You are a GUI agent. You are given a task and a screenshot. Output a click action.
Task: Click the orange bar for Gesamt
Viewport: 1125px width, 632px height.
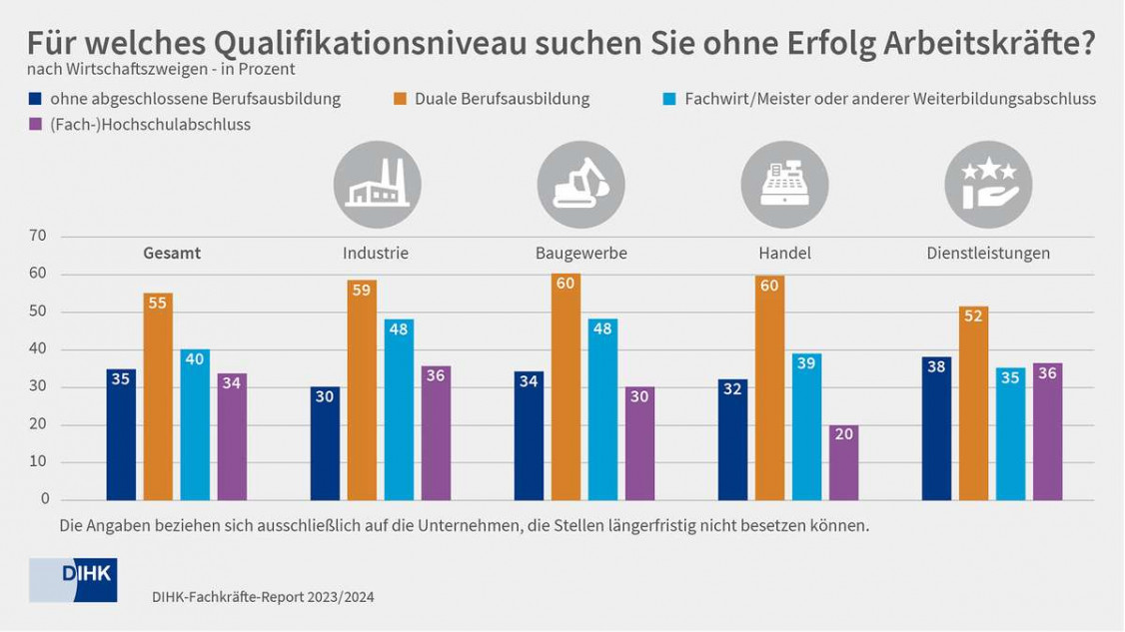158,396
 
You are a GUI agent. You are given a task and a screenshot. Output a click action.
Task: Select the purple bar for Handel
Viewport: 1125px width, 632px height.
843,462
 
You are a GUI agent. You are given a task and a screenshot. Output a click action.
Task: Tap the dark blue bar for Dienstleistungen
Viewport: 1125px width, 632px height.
936,428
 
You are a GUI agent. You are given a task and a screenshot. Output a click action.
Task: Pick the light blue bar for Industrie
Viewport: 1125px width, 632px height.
399,409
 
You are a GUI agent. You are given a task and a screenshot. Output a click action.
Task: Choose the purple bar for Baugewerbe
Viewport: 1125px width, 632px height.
639,443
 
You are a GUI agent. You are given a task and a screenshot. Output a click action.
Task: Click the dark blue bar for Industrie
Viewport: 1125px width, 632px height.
325,443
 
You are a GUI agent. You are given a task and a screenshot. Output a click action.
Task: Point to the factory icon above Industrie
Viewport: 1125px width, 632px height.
377,185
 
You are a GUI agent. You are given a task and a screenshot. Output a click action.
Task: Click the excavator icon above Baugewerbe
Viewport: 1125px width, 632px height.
580,185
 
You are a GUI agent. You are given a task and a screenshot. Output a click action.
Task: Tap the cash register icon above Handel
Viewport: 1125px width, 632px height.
784,185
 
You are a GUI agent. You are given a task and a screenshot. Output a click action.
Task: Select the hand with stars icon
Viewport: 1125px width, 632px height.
988,185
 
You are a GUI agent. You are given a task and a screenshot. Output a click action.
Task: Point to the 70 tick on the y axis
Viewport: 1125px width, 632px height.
40,237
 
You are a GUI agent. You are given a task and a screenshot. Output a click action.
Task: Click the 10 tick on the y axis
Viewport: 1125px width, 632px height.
40,462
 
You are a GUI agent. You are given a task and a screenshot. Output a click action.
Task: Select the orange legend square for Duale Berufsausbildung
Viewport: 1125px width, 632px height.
398,99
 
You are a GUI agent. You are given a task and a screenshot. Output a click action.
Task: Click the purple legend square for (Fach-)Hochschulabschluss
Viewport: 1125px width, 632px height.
36,125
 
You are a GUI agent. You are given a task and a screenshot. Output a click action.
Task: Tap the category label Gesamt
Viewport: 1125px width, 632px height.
172,254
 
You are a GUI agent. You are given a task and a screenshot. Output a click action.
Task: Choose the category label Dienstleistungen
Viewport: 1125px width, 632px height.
988,254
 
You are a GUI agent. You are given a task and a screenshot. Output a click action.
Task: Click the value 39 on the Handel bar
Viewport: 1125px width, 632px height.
806,363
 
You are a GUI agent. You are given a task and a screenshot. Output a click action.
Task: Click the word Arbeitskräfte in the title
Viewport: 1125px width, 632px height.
985,44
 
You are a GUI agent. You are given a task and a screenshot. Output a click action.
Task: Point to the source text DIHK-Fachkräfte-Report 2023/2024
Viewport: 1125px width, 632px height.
263,597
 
